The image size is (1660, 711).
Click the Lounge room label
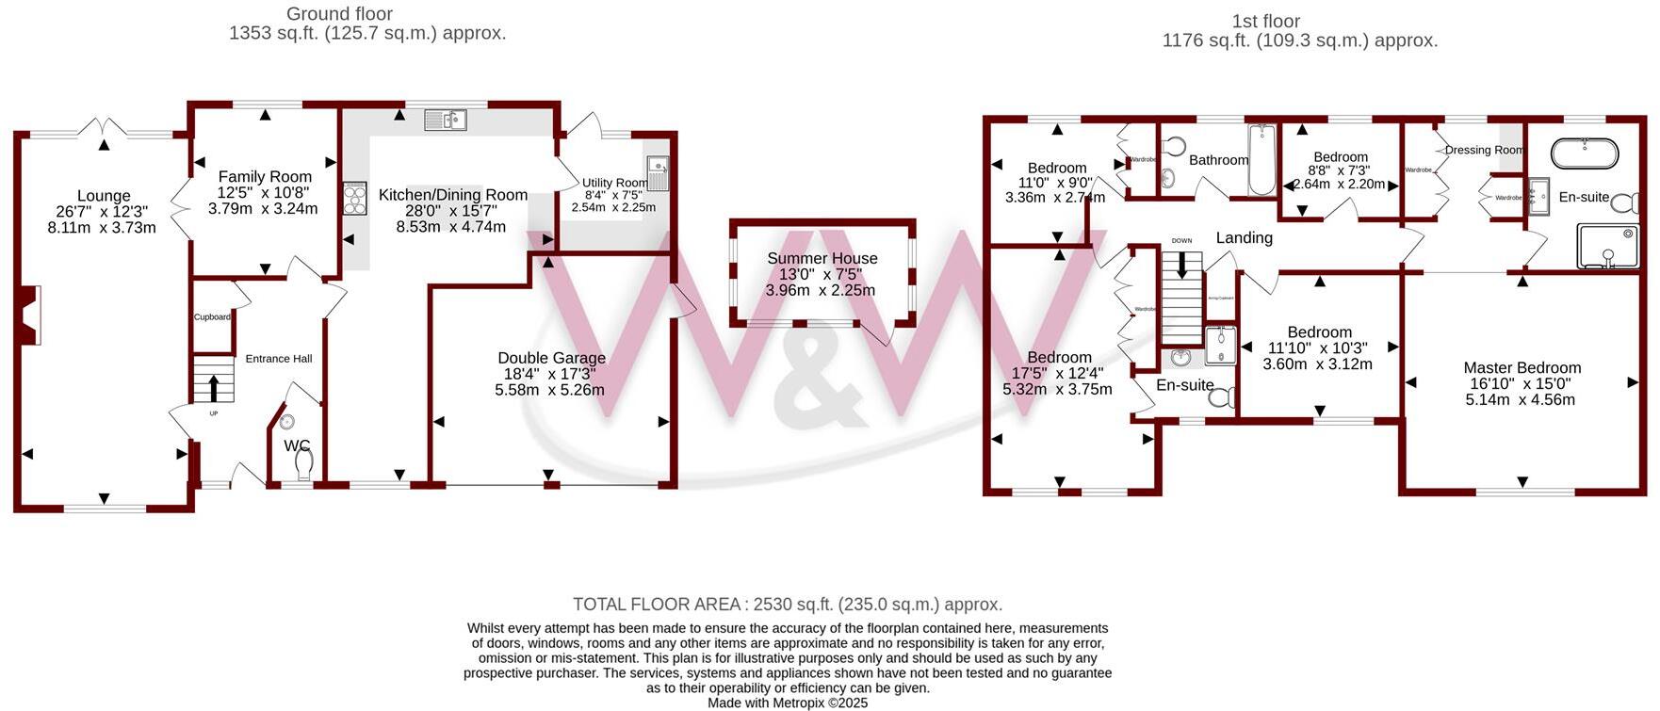[104, 197]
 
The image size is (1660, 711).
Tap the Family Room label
[265, 177]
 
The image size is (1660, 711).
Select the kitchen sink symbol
[445, 120]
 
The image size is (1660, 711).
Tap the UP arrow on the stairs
[214, 387]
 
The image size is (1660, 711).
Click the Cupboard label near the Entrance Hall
[212, 317]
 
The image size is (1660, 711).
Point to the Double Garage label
[551, 358]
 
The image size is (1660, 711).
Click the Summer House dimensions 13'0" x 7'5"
[822, 274]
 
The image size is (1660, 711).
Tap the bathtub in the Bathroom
[1260, 160]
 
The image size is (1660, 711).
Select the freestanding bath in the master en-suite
[1585, 153]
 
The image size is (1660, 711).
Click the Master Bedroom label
[1522, 368]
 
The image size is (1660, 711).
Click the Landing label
[1244, 238]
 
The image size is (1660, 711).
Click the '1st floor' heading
[1265, 21]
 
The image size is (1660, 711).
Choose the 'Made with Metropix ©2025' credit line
[788, 703]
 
